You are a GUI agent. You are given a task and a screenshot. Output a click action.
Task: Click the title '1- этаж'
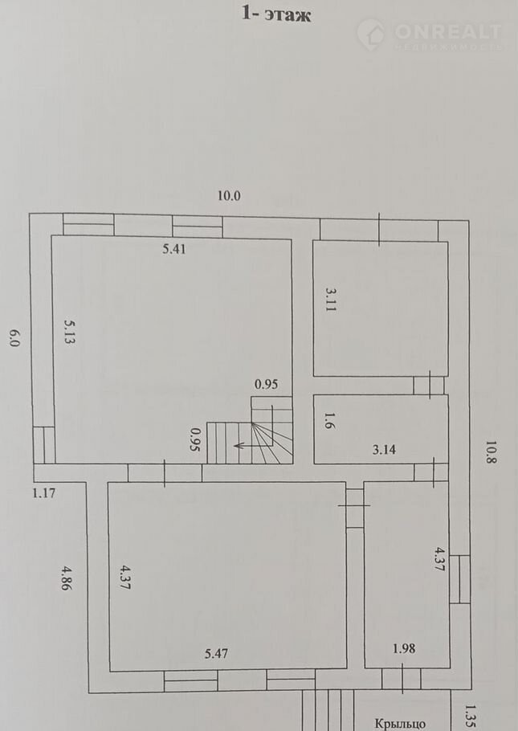(276, 14)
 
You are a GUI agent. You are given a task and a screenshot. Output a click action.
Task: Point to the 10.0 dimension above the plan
(229, 196)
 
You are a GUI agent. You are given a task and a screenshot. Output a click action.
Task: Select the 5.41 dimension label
(174, 249)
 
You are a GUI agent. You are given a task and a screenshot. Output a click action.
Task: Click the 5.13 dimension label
(71, 332)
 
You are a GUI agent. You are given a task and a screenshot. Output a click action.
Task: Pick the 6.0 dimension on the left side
(13, 338)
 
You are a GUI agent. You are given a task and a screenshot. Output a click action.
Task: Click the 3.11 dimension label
(331, 300)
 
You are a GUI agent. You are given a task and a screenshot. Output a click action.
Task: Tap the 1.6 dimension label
(329, 422)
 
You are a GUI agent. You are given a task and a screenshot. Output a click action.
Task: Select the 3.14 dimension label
(384, 449)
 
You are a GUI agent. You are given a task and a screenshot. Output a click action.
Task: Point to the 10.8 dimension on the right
(491, 453)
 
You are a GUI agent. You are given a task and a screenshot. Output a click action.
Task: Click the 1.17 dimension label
(44, 492)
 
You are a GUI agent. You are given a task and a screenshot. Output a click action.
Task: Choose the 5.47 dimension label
(216, 654)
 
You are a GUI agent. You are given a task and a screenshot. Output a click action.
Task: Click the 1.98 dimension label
(404, 648)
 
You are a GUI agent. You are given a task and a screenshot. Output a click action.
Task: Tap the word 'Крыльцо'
(400, 724)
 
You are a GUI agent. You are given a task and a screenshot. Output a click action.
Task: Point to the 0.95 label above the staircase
(266, 384)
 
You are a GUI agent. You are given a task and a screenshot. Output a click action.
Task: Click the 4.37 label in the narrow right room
(439, 558)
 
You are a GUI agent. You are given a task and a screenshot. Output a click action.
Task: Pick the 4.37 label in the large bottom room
(125, 577)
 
